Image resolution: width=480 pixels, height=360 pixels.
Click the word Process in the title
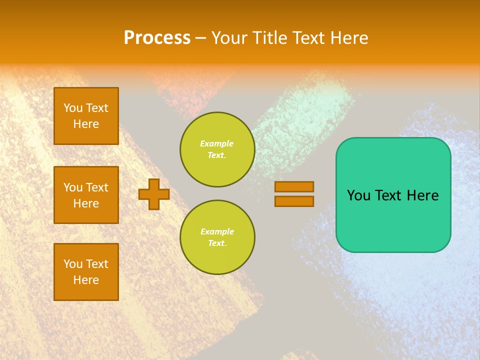[157, 38]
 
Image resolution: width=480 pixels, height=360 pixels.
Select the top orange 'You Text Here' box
[86, 116]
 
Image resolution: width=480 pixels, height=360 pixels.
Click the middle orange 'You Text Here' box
[86, 195]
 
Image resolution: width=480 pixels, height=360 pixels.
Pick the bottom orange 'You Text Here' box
[86, 272]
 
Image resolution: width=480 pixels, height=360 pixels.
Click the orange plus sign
[154, 194]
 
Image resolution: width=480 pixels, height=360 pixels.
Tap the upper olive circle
[217, 149]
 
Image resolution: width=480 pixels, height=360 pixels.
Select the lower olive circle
[217, 237]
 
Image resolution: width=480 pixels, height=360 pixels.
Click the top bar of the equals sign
[294, 186]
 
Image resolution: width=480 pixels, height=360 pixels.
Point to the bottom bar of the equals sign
[294, 201]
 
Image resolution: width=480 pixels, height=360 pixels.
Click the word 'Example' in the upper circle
[217, 143]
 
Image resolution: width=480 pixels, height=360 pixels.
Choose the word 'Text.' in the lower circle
[217, 243]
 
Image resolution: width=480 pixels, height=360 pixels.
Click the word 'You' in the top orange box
[72, 108]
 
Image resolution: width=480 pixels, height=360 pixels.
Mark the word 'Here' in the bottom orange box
[86, 280]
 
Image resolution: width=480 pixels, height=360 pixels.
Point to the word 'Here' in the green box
[423, 195]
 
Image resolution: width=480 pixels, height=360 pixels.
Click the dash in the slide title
[200, 38]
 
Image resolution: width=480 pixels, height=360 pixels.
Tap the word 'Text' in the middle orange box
[97, 187]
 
